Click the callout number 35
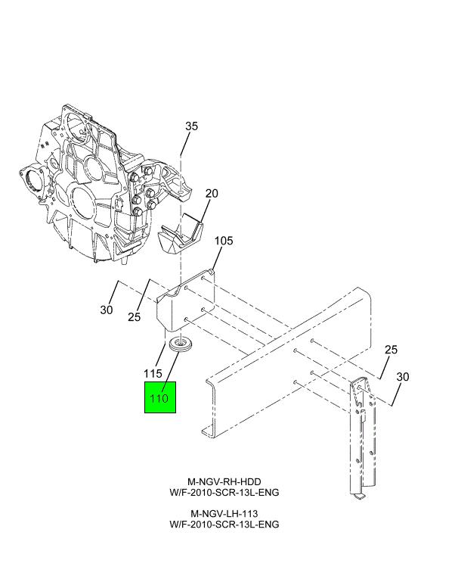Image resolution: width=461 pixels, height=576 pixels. click(191, 126)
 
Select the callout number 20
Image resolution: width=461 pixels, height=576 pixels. click(212, 193)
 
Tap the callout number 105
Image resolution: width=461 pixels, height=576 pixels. click(224, 241)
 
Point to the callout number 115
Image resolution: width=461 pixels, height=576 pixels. click(154, 373)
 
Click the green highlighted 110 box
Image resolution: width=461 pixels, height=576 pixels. click(160, 397)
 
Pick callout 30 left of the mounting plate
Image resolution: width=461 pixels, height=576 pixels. click(107, 310)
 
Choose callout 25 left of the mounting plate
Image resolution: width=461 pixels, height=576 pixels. click(134, 317)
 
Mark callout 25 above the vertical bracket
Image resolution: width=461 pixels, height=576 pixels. click(391, 349)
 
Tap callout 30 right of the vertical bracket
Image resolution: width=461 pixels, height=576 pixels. click(403, 376)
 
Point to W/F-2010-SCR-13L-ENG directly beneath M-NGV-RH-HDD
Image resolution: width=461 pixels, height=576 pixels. click(224, 492)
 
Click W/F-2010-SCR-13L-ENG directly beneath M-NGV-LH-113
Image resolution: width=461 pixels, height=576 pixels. click(224, 524)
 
